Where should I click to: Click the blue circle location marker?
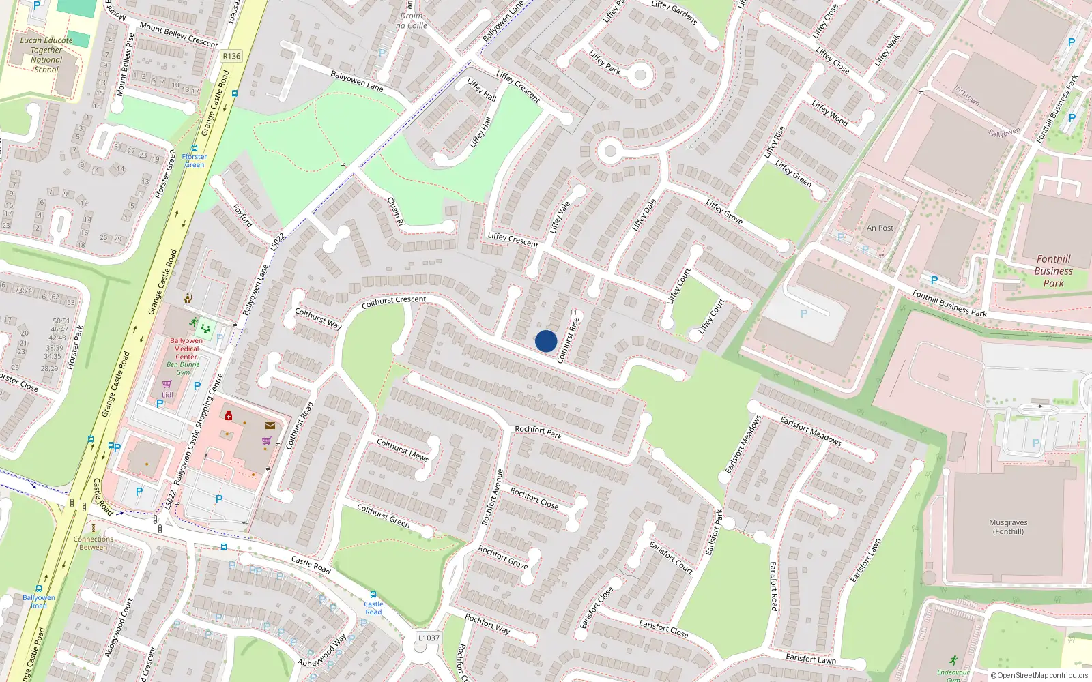[546, 341]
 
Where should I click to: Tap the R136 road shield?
[231, 56]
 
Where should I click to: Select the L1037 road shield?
[429, 638]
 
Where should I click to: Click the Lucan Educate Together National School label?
[46, 55]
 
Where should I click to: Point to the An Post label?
[880, 228]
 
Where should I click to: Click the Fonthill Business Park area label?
[1053, 271]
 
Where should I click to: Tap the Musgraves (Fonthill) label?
[1008, 527]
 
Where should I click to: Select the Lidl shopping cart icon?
[167, 385]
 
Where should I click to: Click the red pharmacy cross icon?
[229, 415]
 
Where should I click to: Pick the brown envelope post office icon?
[270, 426]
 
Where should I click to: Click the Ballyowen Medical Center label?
[186, 349]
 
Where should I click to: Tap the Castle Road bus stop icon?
[373, 595]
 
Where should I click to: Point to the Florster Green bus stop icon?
[195, 148]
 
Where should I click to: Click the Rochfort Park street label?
[538, 432]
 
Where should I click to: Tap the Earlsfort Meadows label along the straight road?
[811, 431]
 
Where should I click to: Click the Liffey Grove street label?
[724, 211]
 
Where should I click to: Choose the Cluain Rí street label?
[395, 211]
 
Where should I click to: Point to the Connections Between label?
[94, 543]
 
